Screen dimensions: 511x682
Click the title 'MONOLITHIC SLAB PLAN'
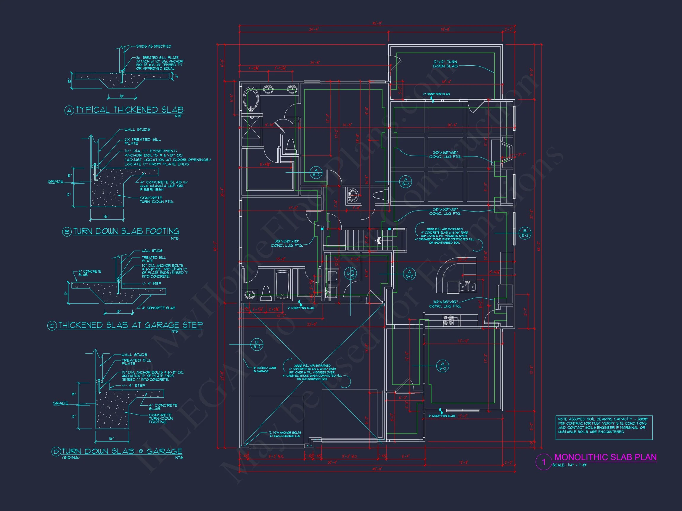[605, 457]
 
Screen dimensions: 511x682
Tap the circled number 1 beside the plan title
[544, 462]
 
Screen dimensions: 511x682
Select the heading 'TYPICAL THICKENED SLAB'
[129, 110]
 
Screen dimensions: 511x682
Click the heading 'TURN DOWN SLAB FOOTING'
[126, 231]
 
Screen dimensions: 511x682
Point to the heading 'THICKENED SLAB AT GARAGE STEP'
[130, 325]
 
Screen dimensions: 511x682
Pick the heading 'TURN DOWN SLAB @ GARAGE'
[121, 451]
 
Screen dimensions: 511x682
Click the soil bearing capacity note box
[604, 428]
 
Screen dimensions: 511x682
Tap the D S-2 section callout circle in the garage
[257, 344]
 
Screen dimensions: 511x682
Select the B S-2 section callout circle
[525, 233]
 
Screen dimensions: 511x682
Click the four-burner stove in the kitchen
[447, 320]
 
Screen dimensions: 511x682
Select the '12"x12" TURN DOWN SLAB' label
[445, 64]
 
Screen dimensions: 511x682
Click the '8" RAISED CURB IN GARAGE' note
[265, 369]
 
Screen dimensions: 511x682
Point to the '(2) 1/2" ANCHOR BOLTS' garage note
[285, 434]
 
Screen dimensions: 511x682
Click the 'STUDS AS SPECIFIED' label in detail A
[154, 46]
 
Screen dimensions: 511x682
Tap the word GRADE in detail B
[55, 181]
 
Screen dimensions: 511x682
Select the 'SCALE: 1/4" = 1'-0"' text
[570, 465]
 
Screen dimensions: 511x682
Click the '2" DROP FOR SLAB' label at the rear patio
[436, 94]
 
